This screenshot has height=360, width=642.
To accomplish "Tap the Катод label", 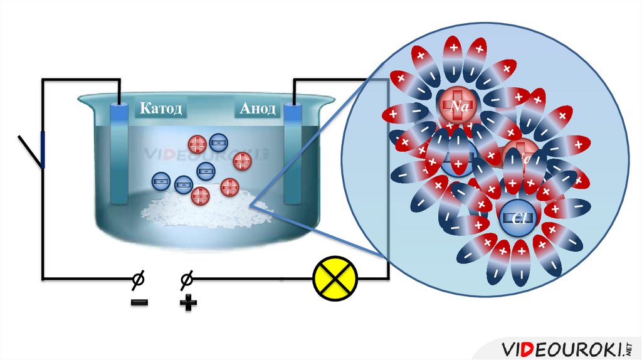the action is tap(160, 109).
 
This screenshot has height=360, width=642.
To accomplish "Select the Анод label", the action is tap(257, 109).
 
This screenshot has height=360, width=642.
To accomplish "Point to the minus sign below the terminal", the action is tap(139, 303).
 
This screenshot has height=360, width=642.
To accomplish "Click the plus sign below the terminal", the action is tap(187, 304).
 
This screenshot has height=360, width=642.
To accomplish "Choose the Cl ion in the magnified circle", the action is tap(518, 218).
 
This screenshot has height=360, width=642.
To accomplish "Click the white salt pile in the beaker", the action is tap(194, 207).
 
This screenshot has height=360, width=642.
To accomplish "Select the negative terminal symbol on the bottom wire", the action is tap(137, 278).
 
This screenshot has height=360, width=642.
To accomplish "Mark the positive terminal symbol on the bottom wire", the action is tap(186, 278).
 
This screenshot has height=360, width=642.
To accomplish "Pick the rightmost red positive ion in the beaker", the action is tap(242, 162).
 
